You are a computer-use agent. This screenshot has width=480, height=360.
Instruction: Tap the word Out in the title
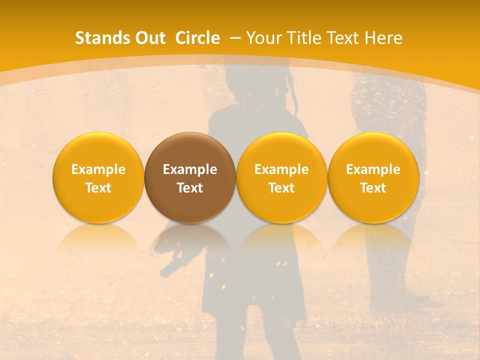click(149, 38)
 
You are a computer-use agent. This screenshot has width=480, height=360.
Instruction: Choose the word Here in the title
click(384, 38)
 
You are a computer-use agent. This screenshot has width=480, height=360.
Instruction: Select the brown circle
click(190, 177)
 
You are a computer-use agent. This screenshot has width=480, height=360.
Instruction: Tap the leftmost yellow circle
click(98, 177)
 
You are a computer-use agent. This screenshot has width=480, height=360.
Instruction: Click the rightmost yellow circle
click(373, 177)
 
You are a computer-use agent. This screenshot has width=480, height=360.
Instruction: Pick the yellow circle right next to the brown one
click(281, 177)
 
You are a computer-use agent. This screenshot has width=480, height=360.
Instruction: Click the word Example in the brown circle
click(190, 169)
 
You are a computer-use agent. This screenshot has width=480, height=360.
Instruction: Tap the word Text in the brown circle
click(190, 188)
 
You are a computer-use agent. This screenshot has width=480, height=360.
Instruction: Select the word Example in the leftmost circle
click(98, 169)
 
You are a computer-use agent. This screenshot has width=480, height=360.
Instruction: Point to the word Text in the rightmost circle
click(373, 188)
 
